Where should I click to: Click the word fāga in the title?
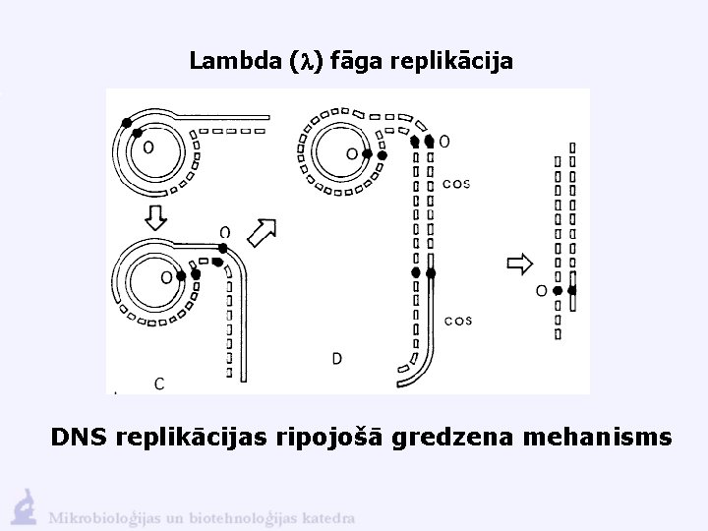coord(355,62)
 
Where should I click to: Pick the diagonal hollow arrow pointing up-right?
coord(263,233)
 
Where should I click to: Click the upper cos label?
coord(457,183)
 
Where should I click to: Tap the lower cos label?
coord(458,320)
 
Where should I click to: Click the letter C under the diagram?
coord(158,383)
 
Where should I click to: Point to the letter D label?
coord(336,359)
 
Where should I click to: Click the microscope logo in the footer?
coord(25,505)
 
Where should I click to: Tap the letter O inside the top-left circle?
coord(147,147)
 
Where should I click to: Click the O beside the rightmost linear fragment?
coord(541,291)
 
